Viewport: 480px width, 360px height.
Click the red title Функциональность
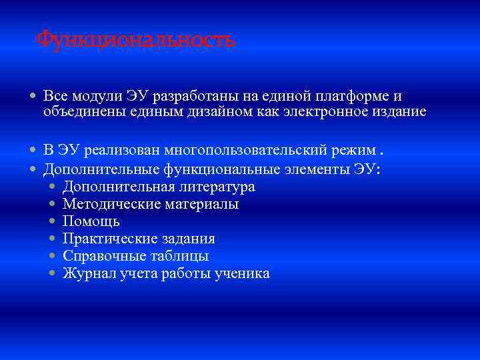(135, 39)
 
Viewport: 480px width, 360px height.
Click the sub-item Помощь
(91, 221)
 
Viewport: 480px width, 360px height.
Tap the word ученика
(241, 273)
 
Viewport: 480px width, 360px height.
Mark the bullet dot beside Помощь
(53, 221)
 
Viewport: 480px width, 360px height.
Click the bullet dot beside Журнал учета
(53, 273)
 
